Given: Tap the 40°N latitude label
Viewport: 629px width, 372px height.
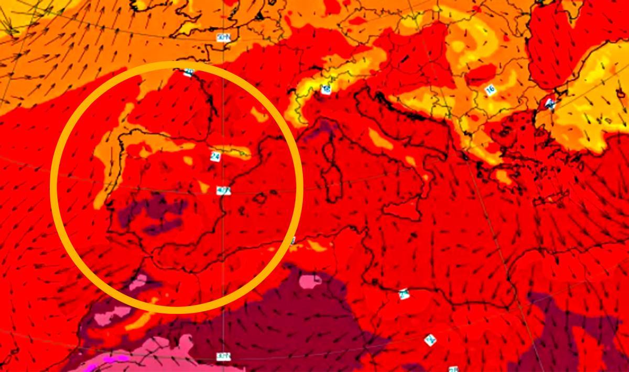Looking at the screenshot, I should coord(223,190).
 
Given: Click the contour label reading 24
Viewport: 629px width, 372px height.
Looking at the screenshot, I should coord(214,156).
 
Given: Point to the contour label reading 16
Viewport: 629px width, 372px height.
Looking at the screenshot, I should coord(491,90).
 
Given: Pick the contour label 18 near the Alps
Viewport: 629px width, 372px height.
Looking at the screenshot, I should coord(326,89).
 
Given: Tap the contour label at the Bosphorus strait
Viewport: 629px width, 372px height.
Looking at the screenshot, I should coord(549,103).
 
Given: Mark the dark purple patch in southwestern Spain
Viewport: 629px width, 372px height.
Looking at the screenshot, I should coord(152,215).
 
